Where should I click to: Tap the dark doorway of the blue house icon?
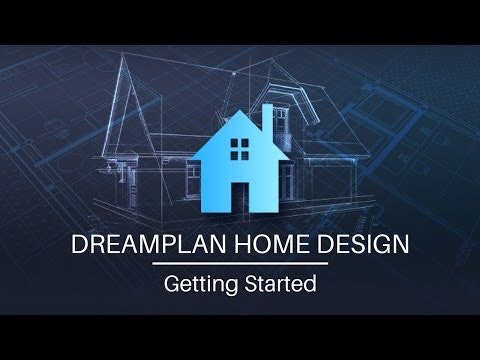(240, 196)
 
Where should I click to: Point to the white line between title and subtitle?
(240, 265)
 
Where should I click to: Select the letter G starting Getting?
(171, 283)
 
